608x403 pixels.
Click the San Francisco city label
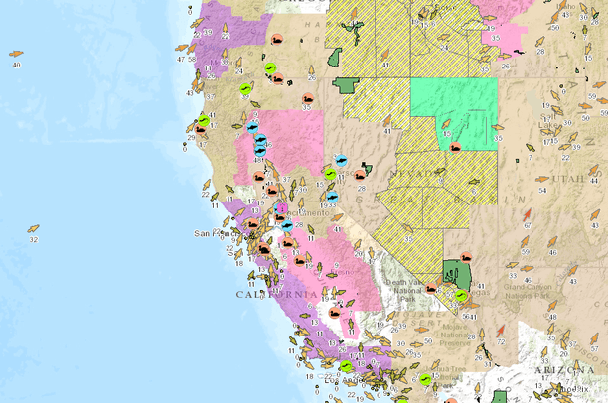[212, 234]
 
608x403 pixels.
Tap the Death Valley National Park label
[401, 287]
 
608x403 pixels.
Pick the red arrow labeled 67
[526, 213]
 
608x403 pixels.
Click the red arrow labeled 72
[502, 330]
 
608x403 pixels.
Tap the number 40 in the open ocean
[16, 65]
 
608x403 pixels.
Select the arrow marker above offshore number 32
[33, 228]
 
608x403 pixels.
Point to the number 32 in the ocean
[33, 239]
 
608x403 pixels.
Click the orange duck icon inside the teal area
[455, 146]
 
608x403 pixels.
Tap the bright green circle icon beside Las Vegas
[461, 295]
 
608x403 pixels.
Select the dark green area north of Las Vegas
[457, 271]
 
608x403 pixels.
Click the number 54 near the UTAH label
[541, 190]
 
